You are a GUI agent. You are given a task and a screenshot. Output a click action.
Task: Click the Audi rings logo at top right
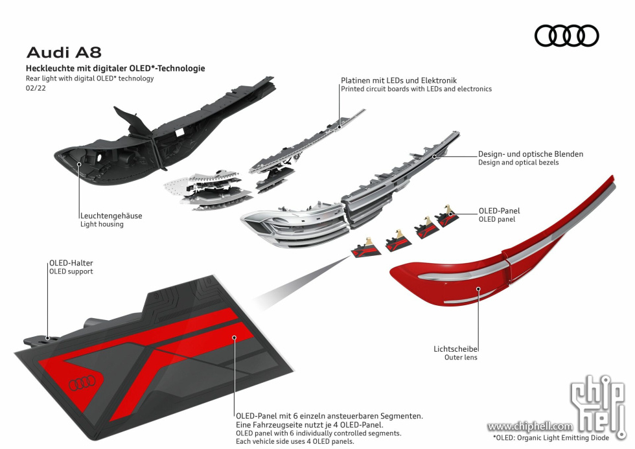(566, 36)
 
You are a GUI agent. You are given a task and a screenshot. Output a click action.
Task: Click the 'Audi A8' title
(64, 52)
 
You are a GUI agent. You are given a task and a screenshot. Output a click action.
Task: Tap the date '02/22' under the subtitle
(36, 88)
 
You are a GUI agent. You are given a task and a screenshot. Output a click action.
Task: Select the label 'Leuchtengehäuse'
(111, 216)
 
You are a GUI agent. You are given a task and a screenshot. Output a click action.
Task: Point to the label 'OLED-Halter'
(71, 263)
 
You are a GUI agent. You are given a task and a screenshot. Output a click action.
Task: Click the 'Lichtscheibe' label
(455, 349)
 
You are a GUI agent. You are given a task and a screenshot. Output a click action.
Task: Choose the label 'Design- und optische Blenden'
(531, 154)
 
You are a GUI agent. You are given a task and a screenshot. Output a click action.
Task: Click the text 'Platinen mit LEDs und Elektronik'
(398, 80)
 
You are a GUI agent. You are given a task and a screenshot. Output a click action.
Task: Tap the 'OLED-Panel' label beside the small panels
(499, 211)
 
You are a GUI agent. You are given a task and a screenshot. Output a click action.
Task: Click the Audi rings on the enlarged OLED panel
(82, 383)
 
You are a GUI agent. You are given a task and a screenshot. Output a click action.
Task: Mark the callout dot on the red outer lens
(478, 289)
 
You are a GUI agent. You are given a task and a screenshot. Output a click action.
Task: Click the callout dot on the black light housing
(79, 164)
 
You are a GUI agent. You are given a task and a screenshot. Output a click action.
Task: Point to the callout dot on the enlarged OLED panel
(234, 338)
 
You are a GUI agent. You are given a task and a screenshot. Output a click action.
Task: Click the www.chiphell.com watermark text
(530, 426)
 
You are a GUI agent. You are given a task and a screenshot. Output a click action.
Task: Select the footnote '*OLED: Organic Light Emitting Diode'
(551, 438)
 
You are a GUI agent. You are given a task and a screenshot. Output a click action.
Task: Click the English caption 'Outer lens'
(461, 358)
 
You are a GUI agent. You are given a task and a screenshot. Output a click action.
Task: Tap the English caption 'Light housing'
(102, 224)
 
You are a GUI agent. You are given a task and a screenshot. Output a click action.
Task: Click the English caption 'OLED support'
(71, 271)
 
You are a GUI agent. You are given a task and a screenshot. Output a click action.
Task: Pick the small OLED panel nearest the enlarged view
(366, 249)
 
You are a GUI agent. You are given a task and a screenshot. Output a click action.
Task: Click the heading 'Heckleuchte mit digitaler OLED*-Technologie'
(115, 69)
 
